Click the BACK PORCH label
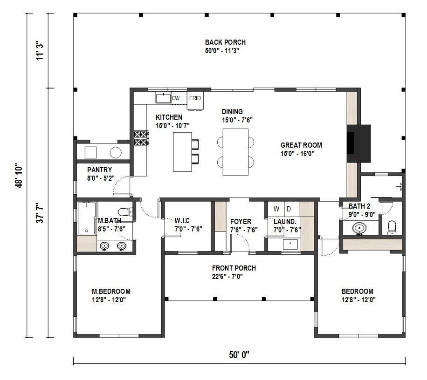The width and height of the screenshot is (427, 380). click(x=225, y=42)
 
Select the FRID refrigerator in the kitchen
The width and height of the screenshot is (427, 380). click(x=195, y=100)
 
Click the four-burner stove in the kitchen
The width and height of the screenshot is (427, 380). click(x=141, y=138)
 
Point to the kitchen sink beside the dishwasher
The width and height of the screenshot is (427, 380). click(x=163, y=98)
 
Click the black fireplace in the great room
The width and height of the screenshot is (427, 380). click(x=358, y=143)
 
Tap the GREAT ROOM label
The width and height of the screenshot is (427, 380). click(x=301, y=145)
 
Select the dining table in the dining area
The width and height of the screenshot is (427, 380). click(x=235, y=152)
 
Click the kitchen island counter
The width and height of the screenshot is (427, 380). click(x=182, y=152)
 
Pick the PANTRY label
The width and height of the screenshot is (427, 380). click(x=99, y=170)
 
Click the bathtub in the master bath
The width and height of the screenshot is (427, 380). click(x=87, y=218)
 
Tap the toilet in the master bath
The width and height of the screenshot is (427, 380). click(x=125, y=211)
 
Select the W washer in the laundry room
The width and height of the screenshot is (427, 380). click(x=276, y=209)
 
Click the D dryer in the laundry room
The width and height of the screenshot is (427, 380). click(x=291, y=209)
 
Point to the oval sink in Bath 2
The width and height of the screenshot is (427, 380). click(x=359, y=228)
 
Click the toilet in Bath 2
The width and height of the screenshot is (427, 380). click(x=392, y=228)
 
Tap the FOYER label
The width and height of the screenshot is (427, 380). click(x=241, y=222)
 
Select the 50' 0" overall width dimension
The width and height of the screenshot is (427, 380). click(x=239, y=355)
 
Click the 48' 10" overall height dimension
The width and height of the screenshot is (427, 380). click(x=19, y=176)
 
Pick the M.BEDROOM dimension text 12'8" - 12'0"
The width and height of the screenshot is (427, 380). click(x=109, y=300)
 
